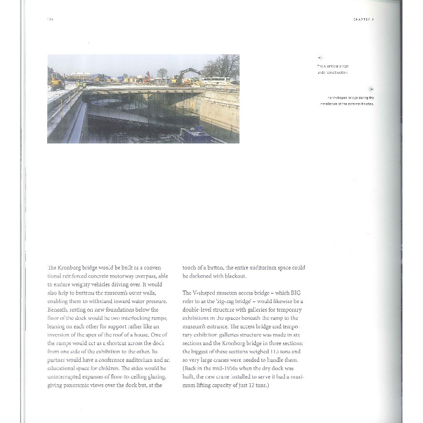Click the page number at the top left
(x=50, y=20)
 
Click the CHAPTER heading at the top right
(x=363, y=20)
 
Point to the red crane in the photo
(x=148, y=76)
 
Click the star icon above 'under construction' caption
(x=320, y=58)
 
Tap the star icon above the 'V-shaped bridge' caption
(x=370, y=89)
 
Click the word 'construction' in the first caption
(x=337, y=72)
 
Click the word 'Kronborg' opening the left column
(x=70, y=268)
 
